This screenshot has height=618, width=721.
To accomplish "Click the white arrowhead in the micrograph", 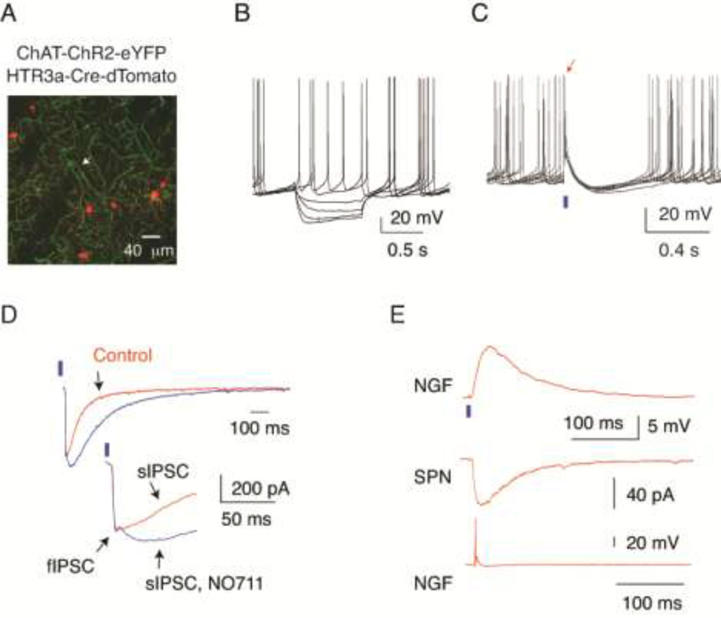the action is click(x=86, y=161).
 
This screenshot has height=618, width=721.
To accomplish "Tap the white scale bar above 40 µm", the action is click(x=152, y=238).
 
